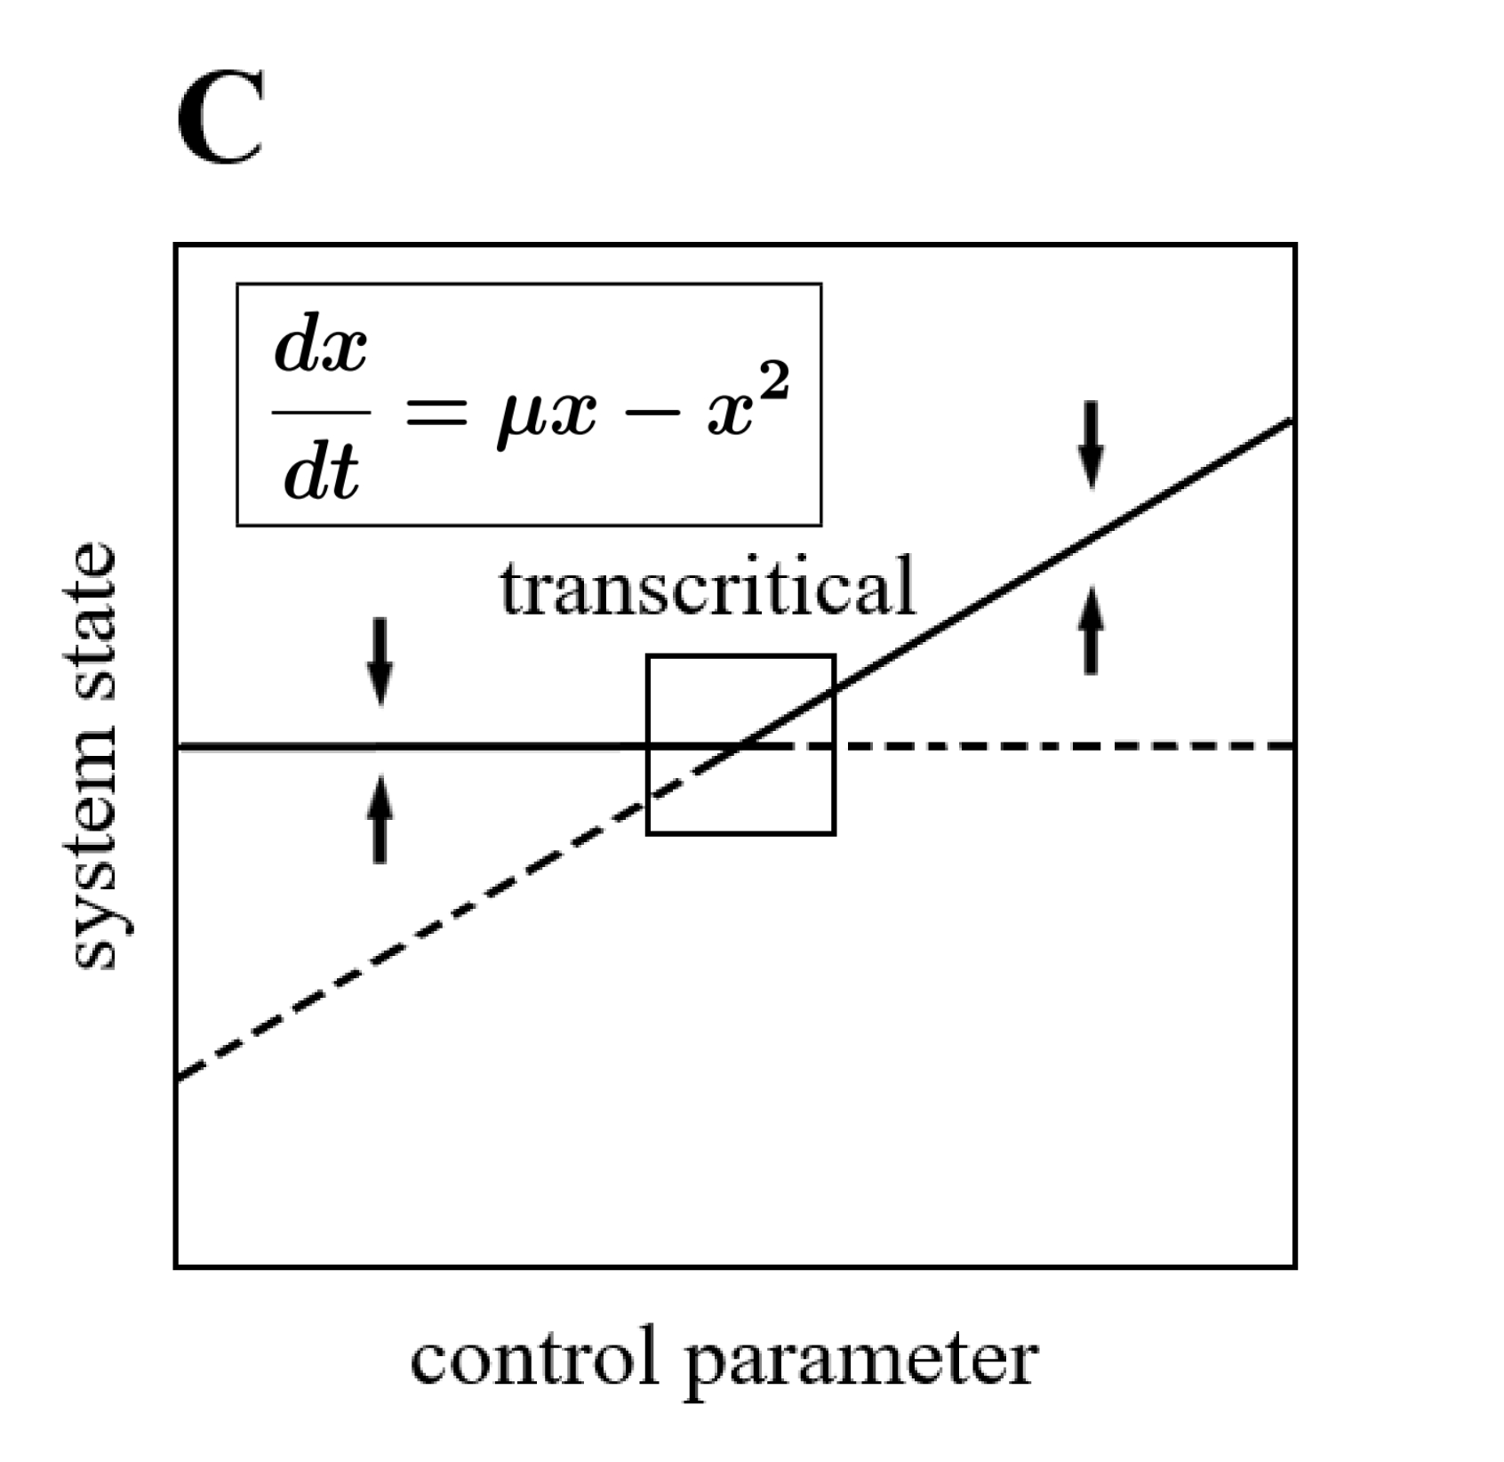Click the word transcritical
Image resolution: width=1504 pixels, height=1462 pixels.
point(707,587)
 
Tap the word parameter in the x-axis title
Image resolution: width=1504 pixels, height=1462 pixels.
point(860,1365)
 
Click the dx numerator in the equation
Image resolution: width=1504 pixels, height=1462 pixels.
point(320,349)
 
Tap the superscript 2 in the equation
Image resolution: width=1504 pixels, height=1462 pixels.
point(775,384)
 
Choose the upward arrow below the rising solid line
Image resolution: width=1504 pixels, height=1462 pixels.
point(1091,634)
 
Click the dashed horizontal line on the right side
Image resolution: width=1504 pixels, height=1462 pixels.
point(1067,745)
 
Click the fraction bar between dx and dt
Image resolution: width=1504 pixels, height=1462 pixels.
point(321,412)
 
